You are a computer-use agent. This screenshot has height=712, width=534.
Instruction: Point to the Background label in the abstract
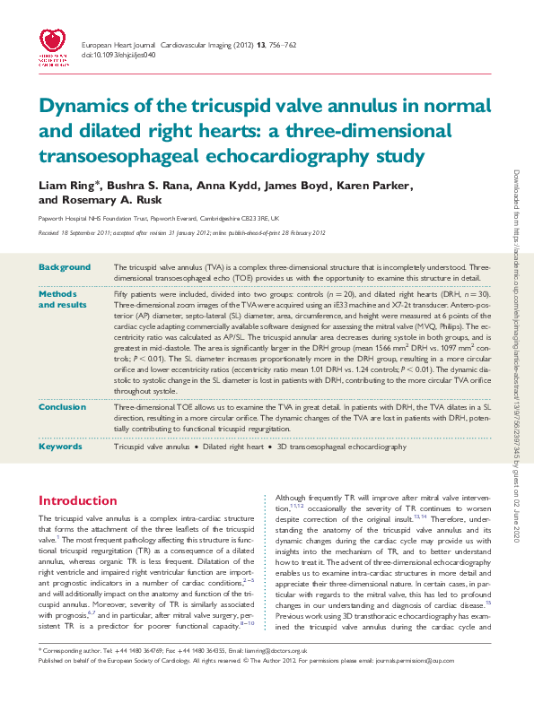click(65, 267)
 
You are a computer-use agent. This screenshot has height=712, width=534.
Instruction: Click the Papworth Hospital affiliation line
click(159, 218)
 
